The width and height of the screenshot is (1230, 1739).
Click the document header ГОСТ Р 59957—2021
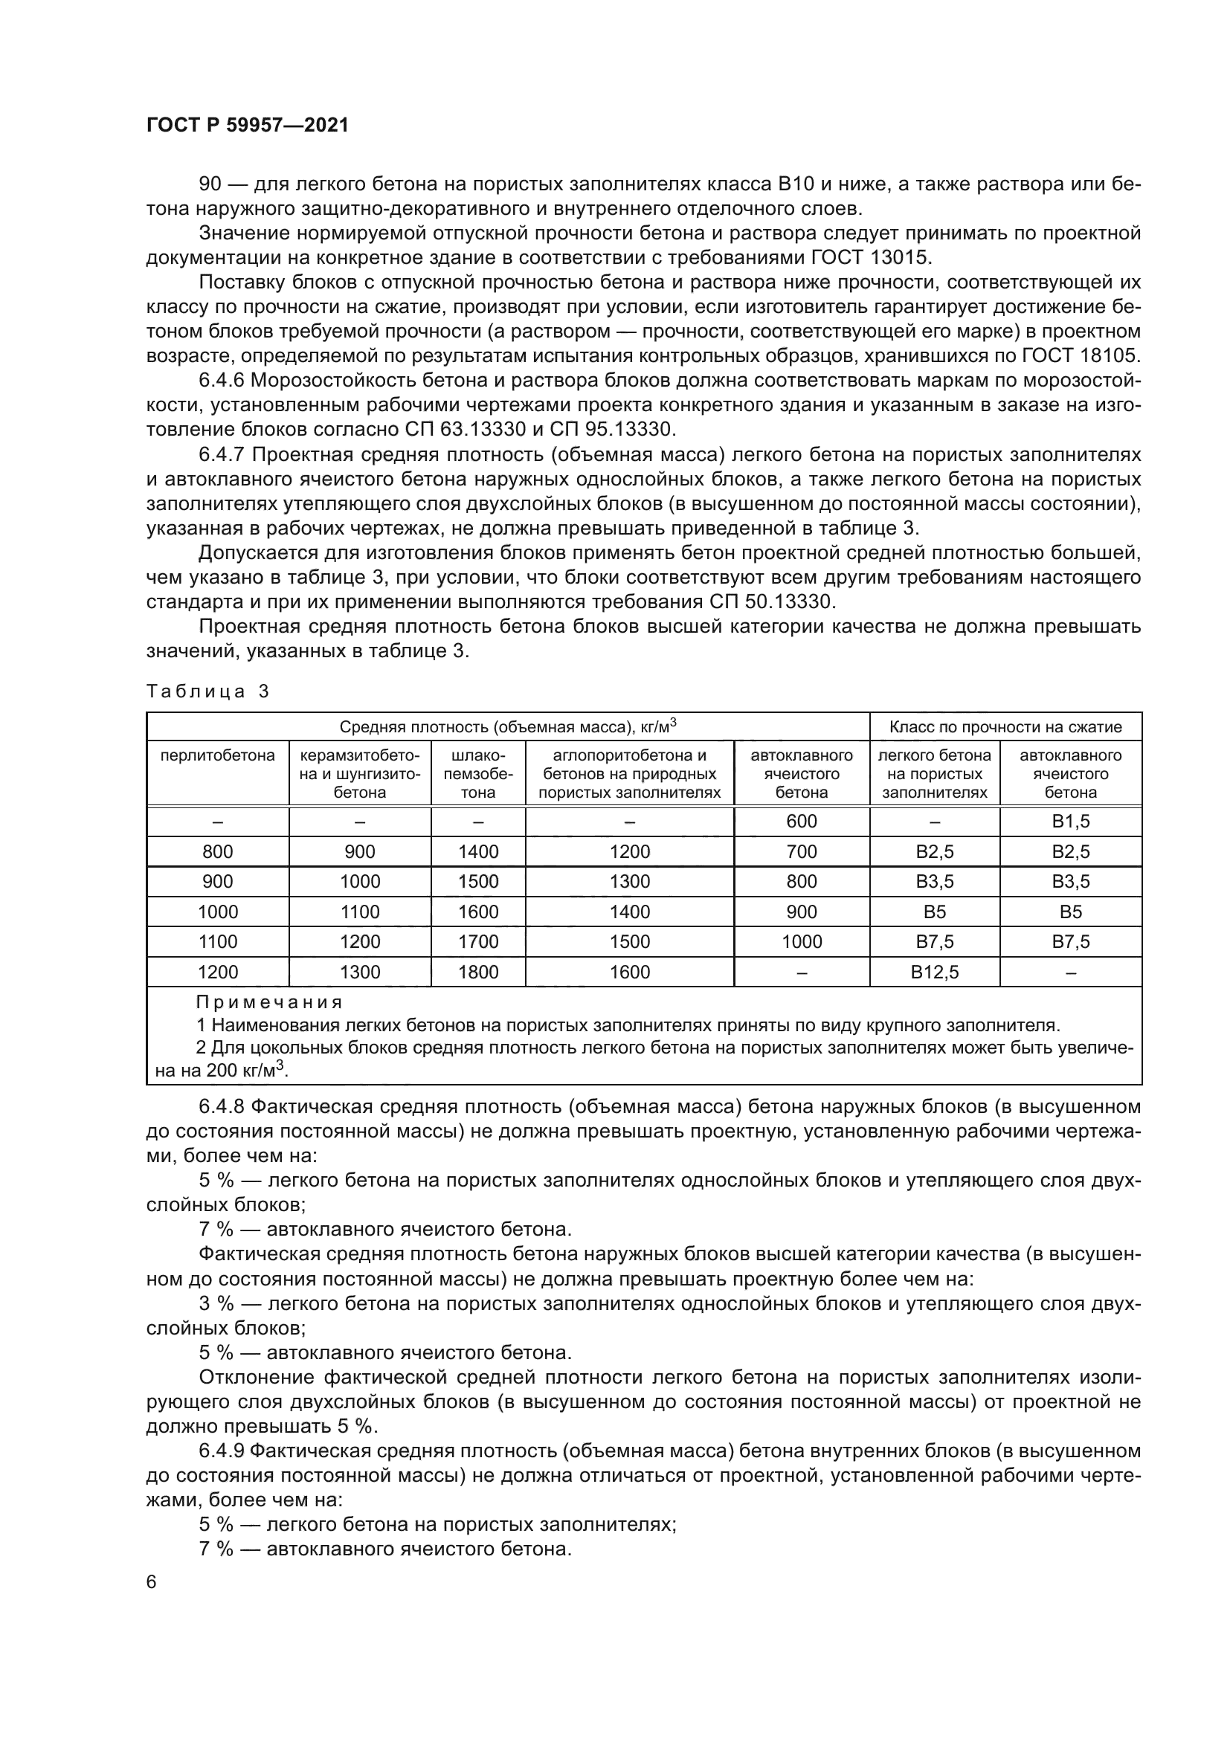(x=248, y=126)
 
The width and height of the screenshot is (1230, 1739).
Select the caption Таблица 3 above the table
(x=207, y=691)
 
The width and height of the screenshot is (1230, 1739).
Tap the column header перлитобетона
(x=217, y=755)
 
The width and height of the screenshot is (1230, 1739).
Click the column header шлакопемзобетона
(x=478, y=773)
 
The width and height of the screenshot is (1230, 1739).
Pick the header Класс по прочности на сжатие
(x=1005, y=727)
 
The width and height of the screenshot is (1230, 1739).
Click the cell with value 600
(x=802, y=822)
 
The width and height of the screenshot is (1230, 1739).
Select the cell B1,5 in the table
(x=1070, y=822)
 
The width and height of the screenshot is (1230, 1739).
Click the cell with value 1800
(x=478, y=972)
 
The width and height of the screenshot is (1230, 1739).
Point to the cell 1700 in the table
(x=478, y=941)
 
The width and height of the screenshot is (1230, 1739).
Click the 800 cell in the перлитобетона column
(x=217, y=851)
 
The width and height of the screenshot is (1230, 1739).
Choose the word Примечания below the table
(x=269, y=1003)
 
